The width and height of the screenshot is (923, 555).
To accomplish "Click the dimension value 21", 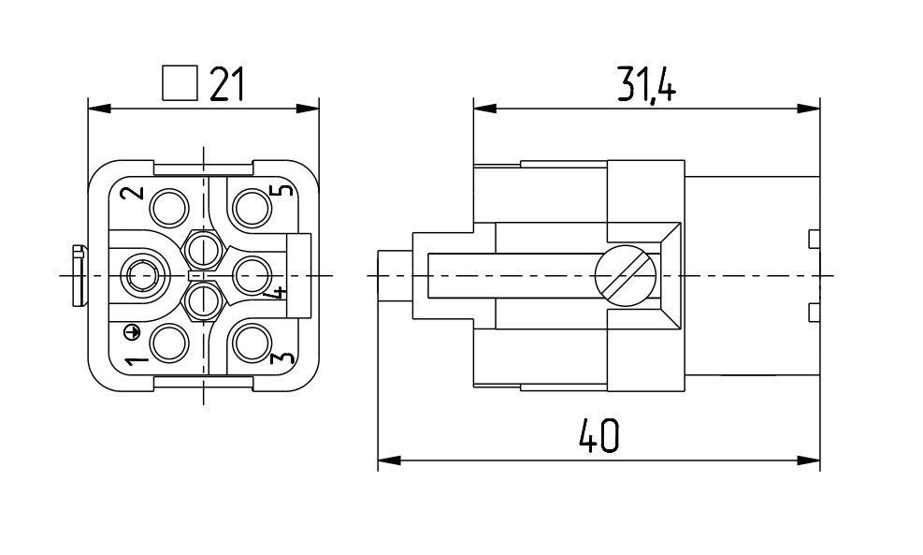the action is (x=226, y=83).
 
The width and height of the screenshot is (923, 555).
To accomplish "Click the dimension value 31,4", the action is (x=646, y=83).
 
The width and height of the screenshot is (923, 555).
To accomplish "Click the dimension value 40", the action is (x=599, y=435).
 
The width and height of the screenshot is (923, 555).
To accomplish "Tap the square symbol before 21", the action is (x=180, y=82).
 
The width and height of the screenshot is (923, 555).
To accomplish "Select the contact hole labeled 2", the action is (x=169, y=208).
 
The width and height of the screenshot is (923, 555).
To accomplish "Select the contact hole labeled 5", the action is (x=252, y=208).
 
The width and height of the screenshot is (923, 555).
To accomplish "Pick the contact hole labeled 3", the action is (x=252, y=343).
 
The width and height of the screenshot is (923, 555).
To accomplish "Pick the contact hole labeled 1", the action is (x=169, y=343).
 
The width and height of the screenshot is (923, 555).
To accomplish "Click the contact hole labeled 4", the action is (x=252, y=275).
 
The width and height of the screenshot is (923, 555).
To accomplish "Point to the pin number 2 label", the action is (x=135, y=193).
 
